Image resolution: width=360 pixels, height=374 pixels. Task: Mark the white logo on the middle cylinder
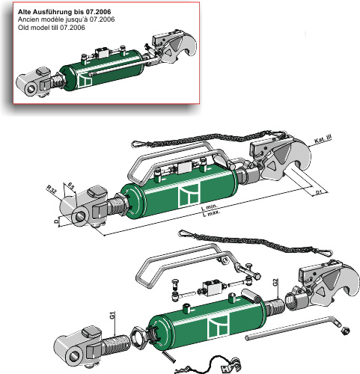tap(187, 196)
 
